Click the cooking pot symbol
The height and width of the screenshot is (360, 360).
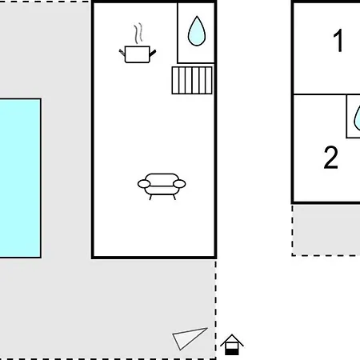138,54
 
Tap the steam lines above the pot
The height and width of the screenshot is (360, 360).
138,34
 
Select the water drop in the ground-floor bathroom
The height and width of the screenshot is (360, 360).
197,31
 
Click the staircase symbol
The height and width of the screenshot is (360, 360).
192,80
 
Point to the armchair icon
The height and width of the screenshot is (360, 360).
162,186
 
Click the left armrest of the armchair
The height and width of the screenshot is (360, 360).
144,184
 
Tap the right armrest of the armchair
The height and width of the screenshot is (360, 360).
179,184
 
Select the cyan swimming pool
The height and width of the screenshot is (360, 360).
20,178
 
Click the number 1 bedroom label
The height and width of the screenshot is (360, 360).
338,41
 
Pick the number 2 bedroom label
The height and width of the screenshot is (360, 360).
331,158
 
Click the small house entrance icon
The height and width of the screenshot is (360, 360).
232,345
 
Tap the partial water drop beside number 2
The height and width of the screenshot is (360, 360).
357,118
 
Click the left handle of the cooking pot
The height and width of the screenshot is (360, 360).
122,53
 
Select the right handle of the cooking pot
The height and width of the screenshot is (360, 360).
153,53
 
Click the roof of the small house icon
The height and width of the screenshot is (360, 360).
232,340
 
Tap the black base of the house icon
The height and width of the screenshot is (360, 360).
232,352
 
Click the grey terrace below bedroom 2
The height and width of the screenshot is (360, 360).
326,230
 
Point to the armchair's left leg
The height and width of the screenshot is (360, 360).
150,198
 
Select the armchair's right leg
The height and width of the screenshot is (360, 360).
174,198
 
